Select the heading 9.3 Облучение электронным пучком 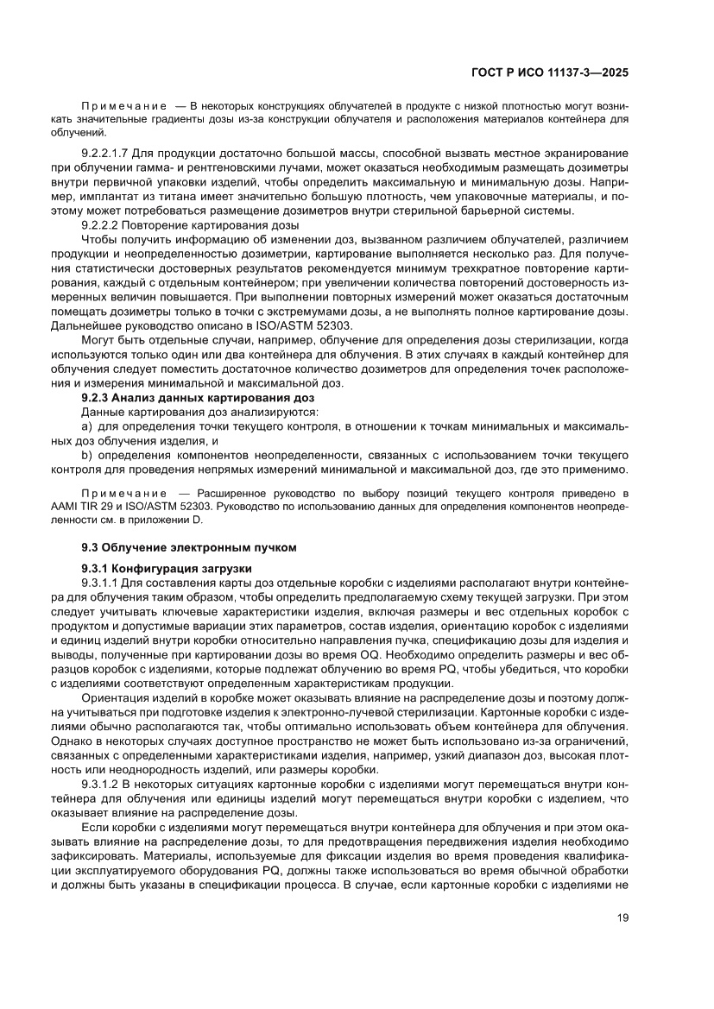click(x=188, y=546)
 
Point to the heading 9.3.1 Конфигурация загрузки click(x=166, y=568)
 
